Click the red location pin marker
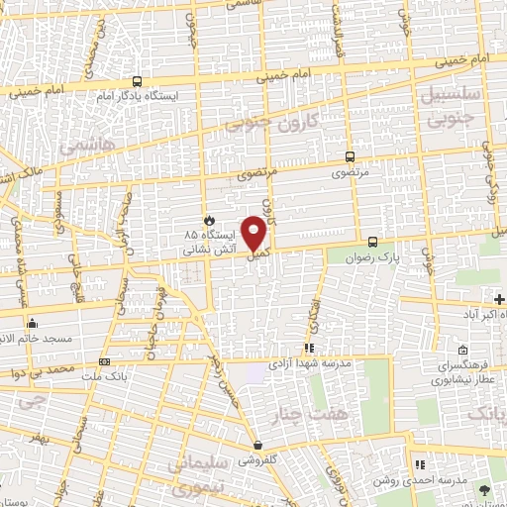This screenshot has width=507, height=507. pyautogui.click(x=255, y=233)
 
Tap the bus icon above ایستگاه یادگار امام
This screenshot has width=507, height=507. pyautogui.click(x=136, y=82)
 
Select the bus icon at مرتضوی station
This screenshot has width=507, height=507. pyautogui.click(x=350, y=156)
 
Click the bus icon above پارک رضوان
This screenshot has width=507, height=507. pyautogui.click(x=372, y=242)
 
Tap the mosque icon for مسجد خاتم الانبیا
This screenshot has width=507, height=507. pyautogui.click(x=33, y=323)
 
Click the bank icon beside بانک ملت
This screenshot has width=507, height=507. pyautogui.click(x=105, y=361)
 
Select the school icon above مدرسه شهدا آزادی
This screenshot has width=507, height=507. pyautogui.click(x=309, y=349)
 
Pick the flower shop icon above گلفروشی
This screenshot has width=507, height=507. pyautogui.click(x=258, y=445)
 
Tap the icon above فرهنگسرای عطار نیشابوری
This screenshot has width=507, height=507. pyautogui.click(x=462, y=350)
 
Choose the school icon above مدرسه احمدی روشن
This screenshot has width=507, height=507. pyautogui.click(x=420, y=464)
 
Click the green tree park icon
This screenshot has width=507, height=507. pyautogui.click(x=484, y=490)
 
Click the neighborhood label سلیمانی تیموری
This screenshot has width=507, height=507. pyautogui.click(x=198, y=476)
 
